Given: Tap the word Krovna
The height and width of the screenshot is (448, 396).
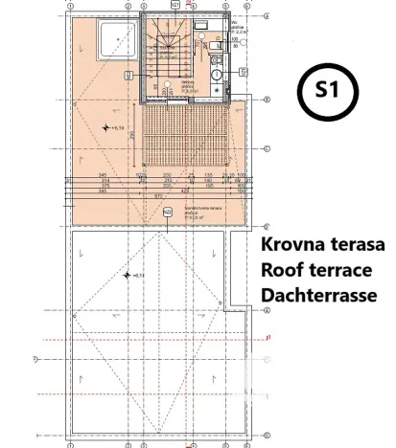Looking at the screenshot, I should [x=291, y=244].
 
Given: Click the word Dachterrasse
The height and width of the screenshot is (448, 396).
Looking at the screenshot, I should [x=318, y=295].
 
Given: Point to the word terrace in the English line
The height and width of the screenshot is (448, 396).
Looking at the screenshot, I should [x=340, y=270].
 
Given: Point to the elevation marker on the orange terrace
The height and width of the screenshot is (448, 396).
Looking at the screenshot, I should [x=107, y=127].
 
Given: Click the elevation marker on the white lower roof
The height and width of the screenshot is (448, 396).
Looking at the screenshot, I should [x=128, y=276].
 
